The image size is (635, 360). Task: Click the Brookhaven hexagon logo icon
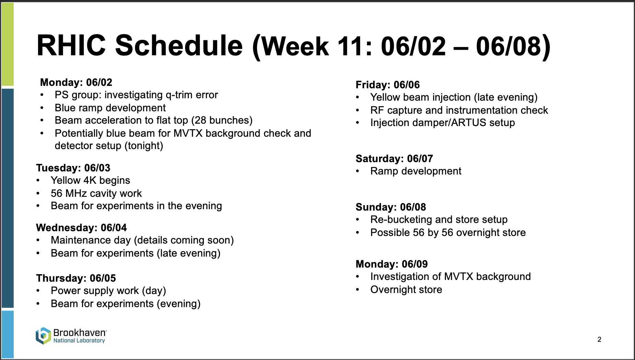tap(43, 336)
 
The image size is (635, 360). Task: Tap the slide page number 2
tap(599, 340)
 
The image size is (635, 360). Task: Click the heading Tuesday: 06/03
tap(73, 168)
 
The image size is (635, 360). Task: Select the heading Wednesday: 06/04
tap(81, 228)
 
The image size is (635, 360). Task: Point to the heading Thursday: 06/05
tap(76, 278)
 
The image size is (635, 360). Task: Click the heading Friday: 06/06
tap(388, 85)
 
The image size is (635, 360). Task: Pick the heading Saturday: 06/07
tap(394, 159)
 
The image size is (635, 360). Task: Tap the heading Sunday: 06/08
tap(391, 207)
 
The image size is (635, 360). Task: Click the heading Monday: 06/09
tap(392, 264)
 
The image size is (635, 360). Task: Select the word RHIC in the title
tap(71, 45)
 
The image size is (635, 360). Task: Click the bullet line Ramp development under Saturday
tap(416, 171)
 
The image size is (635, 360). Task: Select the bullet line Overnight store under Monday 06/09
tap(406, 290)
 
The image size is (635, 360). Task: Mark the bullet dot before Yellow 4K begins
tap(38, 181)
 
